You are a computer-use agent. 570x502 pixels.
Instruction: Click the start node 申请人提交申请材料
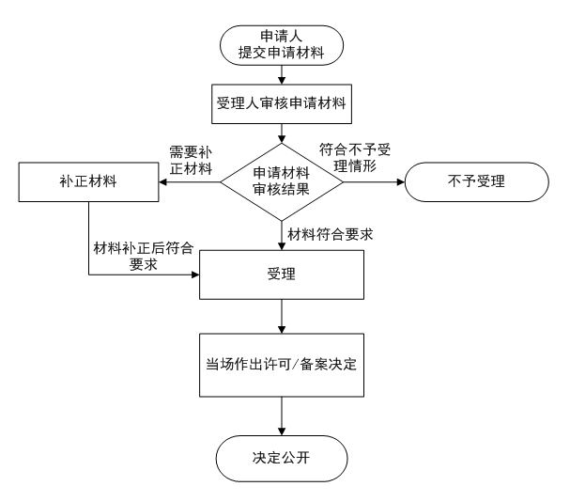[282, 45]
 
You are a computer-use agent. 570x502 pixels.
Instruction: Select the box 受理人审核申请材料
[282, 104]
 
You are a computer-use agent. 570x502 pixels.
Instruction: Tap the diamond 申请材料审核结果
[282, 181]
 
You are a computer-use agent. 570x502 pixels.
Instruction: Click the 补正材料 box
[88, 181]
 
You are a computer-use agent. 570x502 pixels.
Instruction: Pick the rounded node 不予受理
[477, 181]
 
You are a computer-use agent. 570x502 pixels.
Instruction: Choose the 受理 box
[282, 275]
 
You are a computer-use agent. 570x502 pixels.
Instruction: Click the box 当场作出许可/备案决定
[282, 365]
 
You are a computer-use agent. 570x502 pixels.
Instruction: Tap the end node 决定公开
[282, 459]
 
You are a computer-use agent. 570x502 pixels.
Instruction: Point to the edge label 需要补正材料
[191, 160]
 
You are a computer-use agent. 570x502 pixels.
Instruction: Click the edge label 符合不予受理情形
[355, 158]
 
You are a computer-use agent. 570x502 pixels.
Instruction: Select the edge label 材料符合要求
[331, 234]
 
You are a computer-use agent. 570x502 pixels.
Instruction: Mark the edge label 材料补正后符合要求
[144, 256]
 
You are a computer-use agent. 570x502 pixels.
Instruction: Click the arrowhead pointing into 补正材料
[162, 181]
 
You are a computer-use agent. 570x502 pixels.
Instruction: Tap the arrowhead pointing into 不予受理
[401, 181]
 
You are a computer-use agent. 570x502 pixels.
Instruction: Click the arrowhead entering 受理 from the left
[195, 275]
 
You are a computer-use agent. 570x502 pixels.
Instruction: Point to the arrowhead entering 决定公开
[282, 431]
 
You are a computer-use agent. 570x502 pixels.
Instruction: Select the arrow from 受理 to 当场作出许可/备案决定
[282, 317]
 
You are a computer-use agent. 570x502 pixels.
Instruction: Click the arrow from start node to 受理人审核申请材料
[282, 75]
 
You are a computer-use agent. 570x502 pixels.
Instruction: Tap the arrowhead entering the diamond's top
[282, 139]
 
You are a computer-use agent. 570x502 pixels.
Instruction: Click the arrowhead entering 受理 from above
[282, 246]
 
